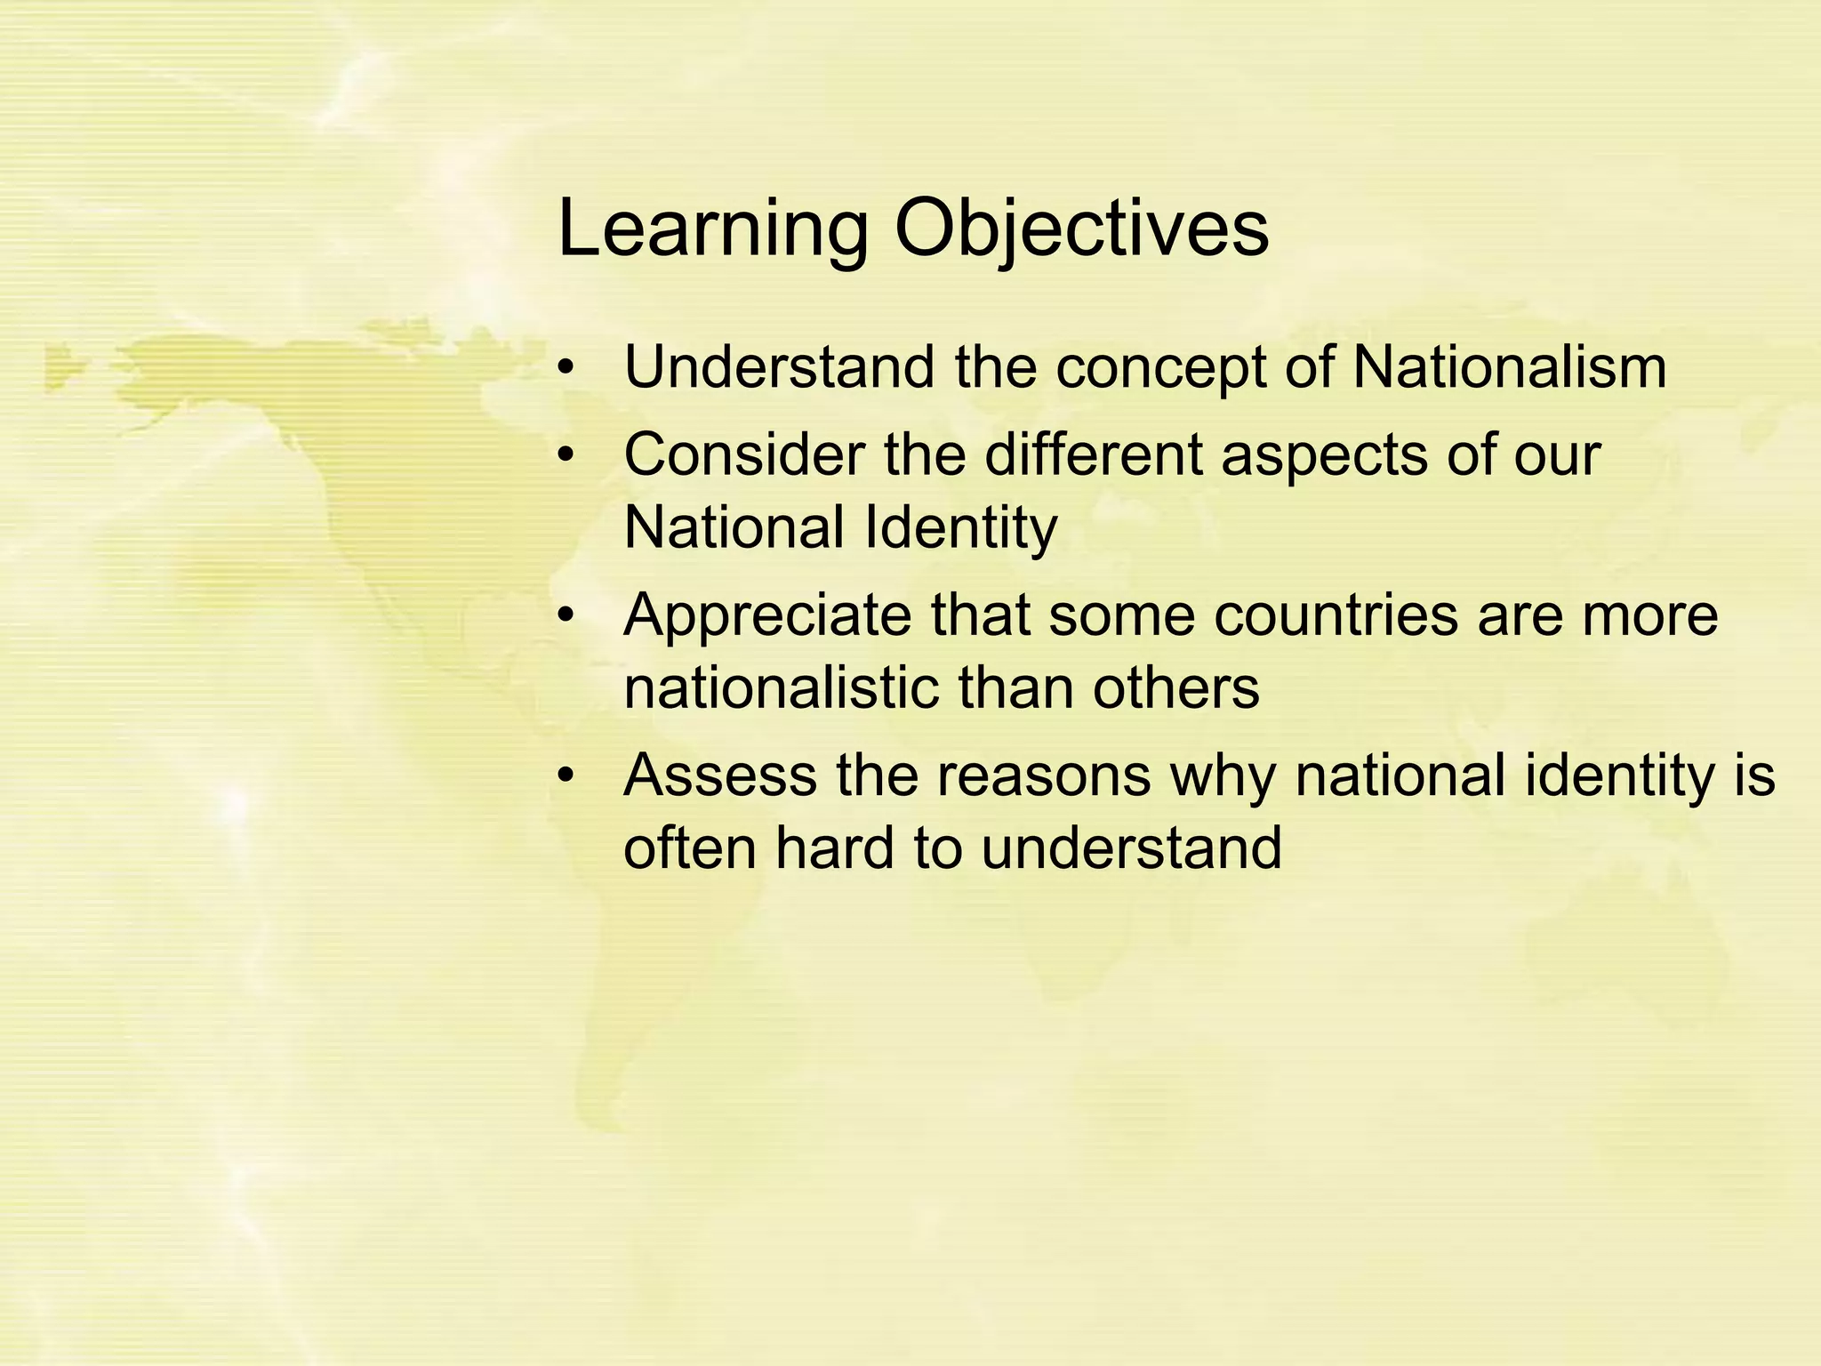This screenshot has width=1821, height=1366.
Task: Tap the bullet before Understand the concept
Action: [x=566, y=367]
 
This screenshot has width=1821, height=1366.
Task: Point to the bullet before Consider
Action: [x=566, y=455]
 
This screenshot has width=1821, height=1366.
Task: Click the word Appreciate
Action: [x=767, y=616]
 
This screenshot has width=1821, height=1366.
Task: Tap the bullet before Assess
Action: [x=566, y=775]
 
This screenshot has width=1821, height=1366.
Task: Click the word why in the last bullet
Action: [x=1223, y=777]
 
